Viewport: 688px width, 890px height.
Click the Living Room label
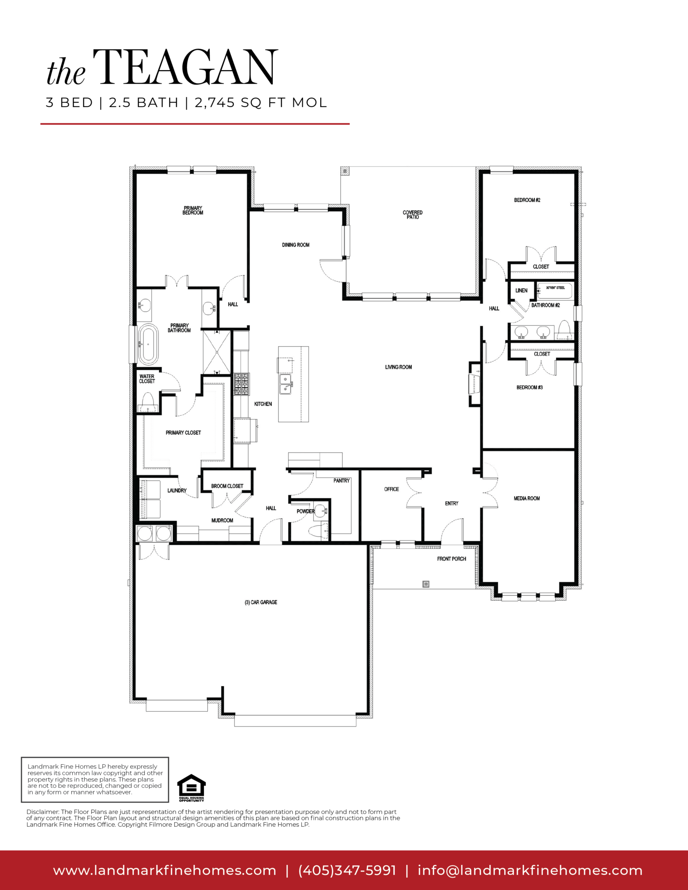click(398, 367)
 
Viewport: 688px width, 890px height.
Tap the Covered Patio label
click(413, 215)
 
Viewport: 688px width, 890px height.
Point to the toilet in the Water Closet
click(148, 402)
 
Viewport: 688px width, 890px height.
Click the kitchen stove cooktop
click(242, 384)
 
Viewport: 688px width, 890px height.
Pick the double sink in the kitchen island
click(286, 384)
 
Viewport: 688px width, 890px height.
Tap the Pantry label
click(341, 481)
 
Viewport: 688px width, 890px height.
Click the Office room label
click(392, 489)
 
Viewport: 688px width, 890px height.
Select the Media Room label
click(527, 498)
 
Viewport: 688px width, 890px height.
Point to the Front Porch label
click(452, 559)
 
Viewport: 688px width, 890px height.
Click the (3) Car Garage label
click(261, 602)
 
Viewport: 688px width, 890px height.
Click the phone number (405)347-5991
click(347, 871)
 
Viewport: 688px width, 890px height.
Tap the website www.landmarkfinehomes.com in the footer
click(164, 871)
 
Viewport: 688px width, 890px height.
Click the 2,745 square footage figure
click(214, 103)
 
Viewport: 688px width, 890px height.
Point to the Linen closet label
click(521, 290)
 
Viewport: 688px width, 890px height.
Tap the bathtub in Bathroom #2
click(555, 290)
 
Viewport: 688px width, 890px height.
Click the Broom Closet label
click(227, 486)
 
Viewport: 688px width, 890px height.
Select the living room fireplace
click(474, 384)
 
